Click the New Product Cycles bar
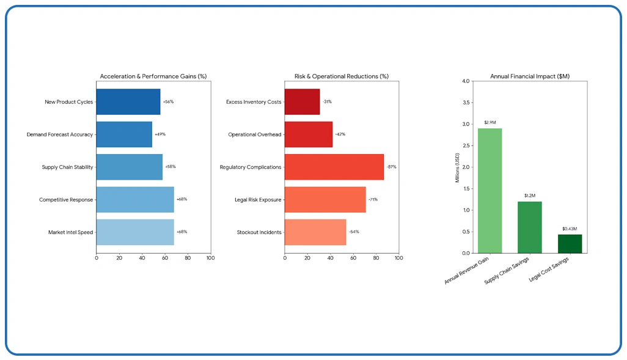(128, 102)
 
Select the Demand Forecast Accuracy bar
(124, 134)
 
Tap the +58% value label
(170, 167)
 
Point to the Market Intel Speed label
(70, 232)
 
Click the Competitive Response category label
(66, 200)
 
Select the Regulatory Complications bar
(334, 167)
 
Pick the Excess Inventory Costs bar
(302, 102)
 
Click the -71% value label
(373, 200)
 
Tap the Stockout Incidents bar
(315, 232)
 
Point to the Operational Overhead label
(254, 134)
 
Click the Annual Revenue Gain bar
(490, 191)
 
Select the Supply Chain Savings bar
(529, 227)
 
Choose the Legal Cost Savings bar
(570, 244)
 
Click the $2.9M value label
(490, 122)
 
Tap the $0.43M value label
(570, 229)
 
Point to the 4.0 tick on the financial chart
(466, 81)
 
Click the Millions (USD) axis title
(457, 167)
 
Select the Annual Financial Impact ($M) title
(530, 76)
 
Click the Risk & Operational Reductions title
(341, 76)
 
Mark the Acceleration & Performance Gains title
(153, 76)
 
